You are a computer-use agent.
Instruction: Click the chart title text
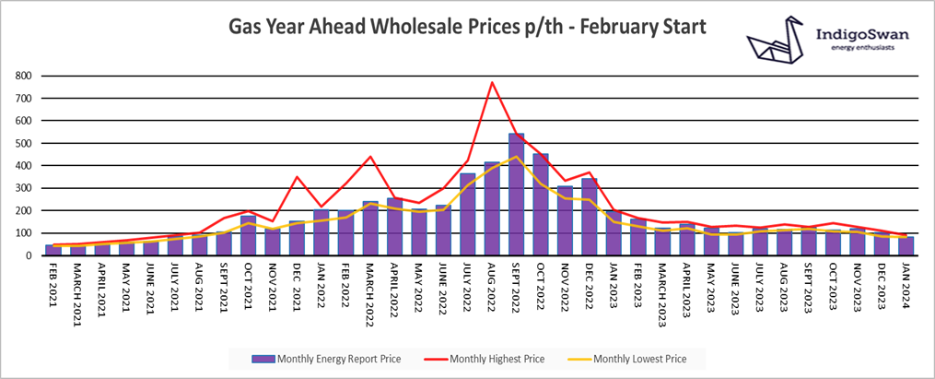coord(467,29)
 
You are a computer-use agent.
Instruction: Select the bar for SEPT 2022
coord(517,195)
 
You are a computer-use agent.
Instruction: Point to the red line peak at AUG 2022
coord(492,82)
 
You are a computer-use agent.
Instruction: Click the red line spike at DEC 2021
coord(297,177)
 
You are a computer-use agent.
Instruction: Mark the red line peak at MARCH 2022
coord(370,157)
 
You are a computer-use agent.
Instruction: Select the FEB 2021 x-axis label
coord(56,284)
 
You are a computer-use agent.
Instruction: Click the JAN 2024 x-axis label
coord(907,284)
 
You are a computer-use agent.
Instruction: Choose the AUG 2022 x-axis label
coord(494,284)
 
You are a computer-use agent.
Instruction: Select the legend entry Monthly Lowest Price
coord(635,358)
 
